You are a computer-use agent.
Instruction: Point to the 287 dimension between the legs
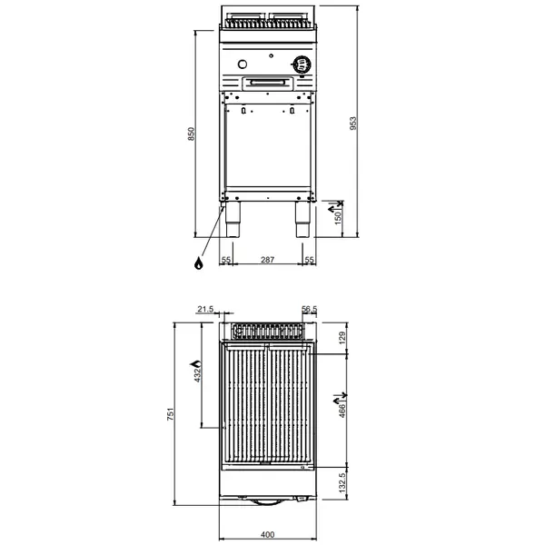[268, 261]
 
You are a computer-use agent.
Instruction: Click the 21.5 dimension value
[204, 310]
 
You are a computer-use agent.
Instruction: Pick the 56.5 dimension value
[309, 310]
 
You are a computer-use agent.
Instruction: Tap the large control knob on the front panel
[299, 64]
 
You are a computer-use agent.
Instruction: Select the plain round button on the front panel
[243, 64]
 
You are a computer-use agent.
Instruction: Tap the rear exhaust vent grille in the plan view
[268, 328]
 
